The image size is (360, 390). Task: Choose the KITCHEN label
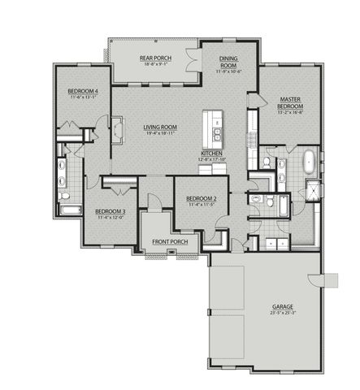point(212,154)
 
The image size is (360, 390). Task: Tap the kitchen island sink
point(218,131)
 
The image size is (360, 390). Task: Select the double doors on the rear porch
point(192,63)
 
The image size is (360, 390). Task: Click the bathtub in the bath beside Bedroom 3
point(71,210)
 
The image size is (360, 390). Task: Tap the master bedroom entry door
point(252,97)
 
